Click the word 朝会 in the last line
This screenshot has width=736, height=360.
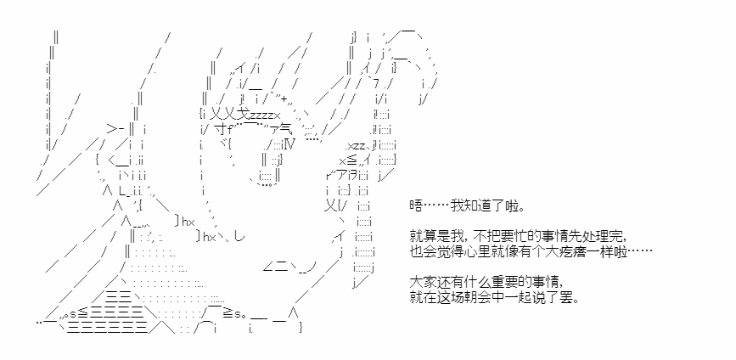coord(474,298)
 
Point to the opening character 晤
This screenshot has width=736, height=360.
coord(415,206)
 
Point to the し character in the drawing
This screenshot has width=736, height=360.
coord(239,237)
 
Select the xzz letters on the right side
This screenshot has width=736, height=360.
coord(356,146)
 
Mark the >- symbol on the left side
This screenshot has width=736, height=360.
coord(115,129)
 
